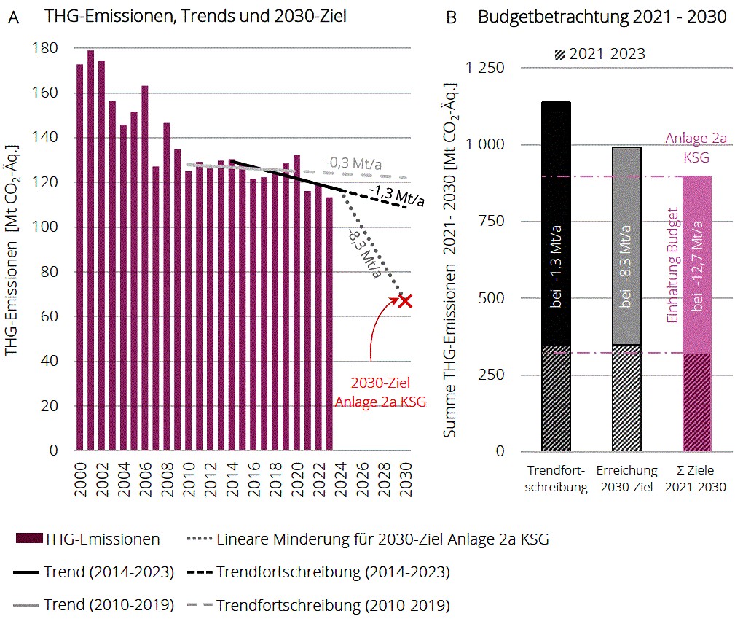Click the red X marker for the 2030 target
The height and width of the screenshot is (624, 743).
[405, 300]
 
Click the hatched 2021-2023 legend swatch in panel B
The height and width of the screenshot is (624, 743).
[560, 54]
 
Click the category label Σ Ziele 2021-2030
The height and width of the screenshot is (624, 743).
[696, 479]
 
